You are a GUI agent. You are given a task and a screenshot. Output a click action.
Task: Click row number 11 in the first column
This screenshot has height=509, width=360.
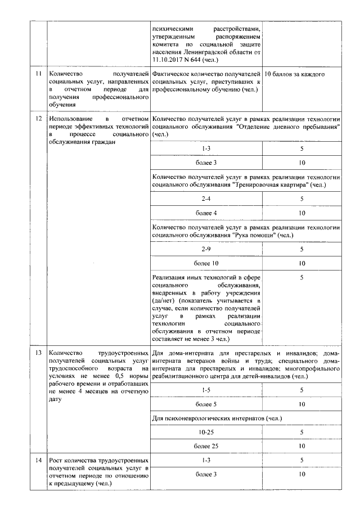point(38,74)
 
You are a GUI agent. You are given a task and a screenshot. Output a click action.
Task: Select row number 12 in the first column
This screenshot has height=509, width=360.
point(38,119)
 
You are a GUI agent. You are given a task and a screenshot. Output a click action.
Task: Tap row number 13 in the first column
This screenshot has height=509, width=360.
point(38,353)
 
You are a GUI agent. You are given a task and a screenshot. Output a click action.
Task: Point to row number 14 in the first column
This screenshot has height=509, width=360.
point(38,461)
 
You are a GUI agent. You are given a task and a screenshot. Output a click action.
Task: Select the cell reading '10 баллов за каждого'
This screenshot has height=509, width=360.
point(294,74)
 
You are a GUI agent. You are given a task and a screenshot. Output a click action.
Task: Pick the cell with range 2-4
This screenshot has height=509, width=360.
point(206,199)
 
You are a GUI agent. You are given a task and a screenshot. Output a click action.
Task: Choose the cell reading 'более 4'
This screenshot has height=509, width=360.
point(206,213)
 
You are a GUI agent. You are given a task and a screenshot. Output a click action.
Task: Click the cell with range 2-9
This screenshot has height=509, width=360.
point(206,249)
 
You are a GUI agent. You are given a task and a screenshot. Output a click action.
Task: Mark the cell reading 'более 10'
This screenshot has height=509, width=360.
point(206,263)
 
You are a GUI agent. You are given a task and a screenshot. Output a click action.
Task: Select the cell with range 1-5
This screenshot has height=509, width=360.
point(206,390)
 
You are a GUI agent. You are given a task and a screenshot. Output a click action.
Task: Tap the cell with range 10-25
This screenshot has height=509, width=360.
point(206,432)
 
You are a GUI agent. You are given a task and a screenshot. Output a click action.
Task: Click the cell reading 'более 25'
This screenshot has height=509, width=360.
point(206,446)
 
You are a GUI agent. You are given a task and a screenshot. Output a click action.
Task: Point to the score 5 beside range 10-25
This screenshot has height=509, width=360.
point(302,432)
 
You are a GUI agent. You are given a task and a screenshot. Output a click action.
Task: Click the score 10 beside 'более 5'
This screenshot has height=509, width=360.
point(302,404)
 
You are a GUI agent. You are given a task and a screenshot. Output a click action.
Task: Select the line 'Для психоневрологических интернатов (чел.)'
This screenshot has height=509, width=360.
point(217,418)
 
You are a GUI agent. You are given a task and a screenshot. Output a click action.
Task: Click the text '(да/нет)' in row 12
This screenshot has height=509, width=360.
point(165,301)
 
